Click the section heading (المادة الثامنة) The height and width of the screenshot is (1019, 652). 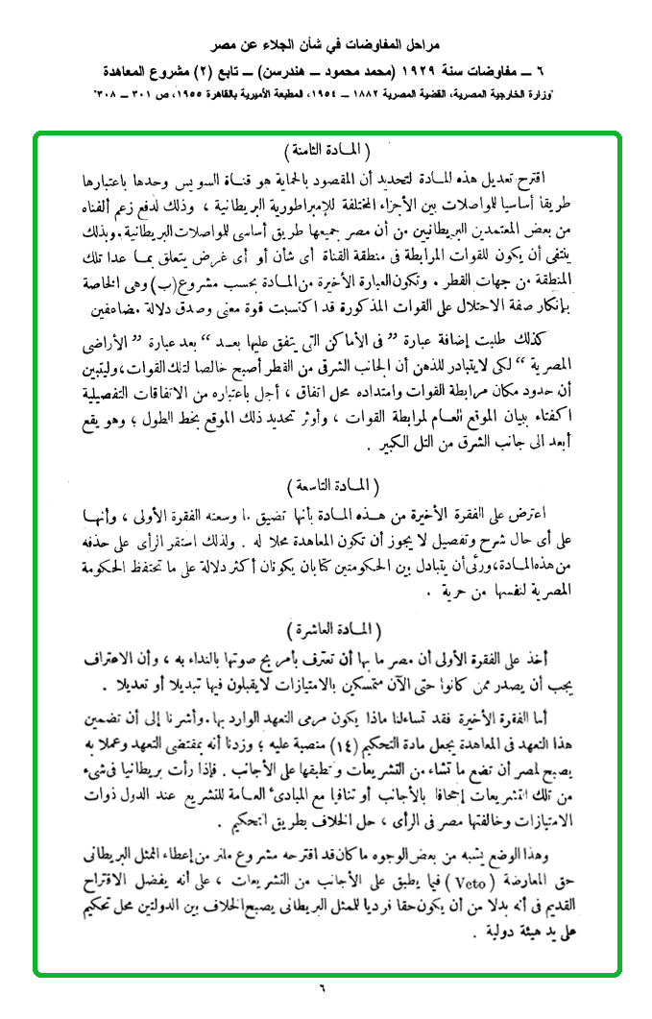tap(326, 153)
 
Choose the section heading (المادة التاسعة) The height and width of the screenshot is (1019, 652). tap(326, 481)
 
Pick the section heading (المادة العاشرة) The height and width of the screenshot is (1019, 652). tap(326, 628)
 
